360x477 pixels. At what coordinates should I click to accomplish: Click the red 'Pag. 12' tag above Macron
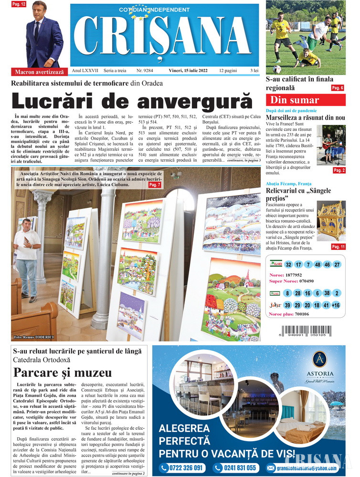(19, 4)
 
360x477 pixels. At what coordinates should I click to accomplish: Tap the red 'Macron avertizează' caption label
(39, 72)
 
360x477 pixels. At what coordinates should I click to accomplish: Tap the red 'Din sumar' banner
(295, 100)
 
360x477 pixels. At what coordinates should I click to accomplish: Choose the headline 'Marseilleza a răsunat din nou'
(305, 117)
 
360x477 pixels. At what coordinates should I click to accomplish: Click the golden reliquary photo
(331, 220)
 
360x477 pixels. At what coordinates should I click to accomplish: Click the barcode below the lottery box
(306, 331)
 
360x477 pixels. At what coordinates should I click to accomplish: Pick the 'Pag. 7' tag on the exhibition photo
(155, 185)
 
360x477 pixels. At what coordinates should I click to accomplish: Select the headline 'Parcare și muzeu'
(63, 373)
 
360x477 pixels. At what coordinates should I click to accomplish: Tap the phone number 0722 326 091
(183, 468)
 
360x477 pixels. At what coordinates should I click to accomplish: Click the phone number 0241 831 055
(236, 468)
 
